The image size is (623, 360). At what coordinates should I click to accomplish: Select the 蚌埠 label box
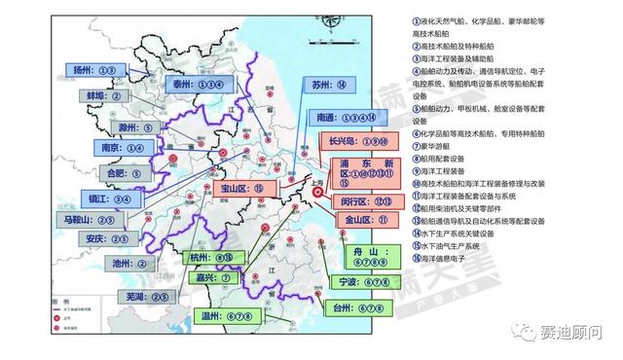(102, 95)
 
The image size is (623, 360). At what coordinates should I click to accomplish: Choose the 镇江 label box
(107, 198)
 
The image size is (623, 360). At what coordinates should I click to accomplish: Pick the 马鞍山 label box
(101, 220)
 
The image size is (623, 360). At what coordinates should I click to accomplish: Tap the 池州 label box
(128, 263)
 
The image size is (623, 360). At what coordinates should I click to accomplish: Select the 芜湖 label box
(139, 294)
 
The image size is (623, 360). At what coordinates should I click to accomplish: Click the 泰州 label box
(200, 85)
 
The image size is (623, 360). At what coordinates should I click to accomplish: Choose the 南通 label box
(341, 116)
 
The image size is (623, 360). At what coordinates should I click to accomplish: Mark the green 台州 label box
(361, 308)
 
